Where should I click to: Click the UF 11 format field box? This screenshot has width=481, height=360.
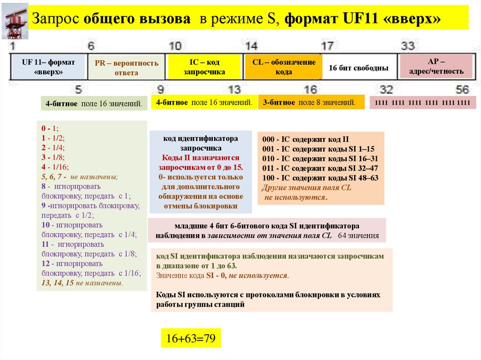click(48, 67)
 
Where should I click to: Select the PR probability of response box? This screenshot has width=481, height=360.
click(126, 67)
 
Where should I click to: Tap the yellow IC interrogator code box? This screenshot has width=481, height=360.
click(204, 67)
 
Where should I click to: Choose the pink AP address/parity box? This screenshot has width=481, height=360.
click(436, 66)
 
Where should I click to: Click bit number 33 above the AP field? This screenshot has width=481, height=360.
click(408, 46)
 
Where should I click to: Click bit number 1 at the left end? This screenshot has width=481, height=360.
click(13, 46)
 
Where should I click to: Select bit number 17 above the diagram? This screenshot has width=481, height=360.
click(327, 46)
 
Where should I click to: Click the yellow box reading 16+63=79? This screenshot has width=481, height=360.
click(191, 338)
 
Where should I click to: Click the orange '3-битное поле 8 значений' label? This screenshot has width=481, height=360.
click(311, 102)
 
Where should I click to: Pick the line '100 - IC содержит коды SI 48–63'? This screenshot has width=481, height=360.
click(320, 178)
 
